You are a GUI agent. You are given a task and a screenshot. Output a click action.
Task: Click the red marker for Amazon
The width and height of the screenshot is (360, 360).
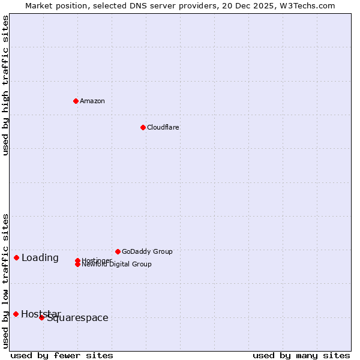(x=76, y=101)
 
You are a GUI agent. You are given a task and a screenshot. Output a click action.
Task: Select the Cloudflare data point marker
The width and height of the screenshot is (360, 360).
(x=143, y=127)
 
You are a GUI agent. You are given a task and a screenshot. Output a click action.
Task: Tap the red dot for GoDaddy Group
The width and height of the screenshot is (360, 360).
(x=118, y=251)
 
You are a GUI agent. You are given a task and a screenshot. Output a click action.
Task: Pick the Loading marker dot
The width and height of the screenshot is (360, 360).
(x=16, y=257)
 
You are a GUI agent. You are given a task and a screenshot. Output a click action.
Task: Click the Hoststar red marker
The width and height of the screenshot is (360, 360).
(x=16, y=314)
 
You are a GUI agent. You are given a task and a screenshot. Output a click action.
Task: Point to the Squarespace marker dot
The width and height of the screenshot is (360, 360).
(x=41, y=317)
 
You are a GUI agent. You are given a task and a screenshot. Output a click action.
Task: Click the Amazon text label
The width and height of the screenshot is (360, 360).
(x=92, y=101)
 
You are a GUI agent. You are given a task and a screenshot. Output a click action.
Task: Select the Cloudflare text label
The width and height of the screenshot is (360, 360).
(x=163, y=127)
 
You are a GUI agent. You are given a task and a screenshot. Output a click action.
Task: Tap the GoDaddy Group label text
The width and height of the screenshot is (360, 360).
(x=147, y=251)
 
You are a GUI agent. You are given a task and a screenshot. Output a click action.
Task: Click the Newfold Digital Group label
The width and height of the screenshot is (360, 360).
(x=117, y=265)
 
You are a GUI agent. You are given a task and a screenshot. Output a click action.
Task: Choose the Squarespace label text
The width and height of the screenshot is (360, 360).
(x=78, y=318)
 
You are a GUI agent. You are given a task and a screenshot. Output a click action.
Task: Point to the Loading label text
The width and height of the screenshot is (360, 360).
(x=40, y=258)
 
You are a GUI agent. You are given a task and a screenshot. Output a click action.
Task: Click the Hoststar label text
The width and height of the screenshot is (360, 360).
(x=41, y=314)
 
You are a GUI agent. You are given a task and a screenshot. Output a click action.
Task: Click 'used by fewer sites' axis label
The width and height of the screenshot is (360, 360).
(x=62, y=355)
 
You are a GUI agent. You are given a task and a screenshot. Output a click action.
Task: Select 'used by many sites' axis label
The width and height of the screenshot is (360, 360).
(x=301, y=355)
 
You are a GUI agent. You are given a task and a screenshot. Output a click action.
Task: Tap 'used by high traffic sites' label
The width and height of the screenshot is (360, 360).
(x=6, y=85)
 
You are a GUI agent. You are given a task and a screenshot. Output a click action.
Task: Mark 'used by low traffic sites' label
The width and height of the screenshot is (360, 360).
(x=6, y=281)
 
